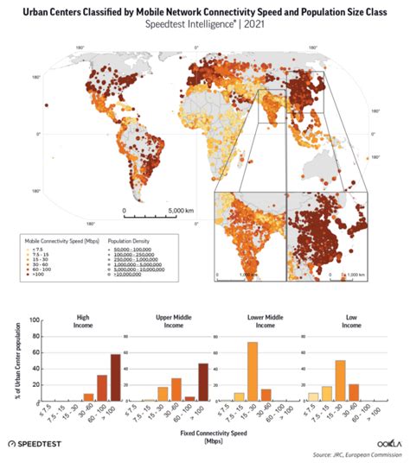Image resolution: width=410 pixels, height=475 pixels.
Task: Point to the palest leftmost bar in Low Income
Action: click(x=313, y=397)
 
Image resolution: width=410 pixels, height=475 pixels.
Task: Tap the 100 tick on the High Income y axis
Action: click(x=35, y=320)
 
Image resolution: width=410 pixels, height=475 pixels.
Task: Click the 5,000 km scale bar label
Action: click(x=162, y=209)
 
